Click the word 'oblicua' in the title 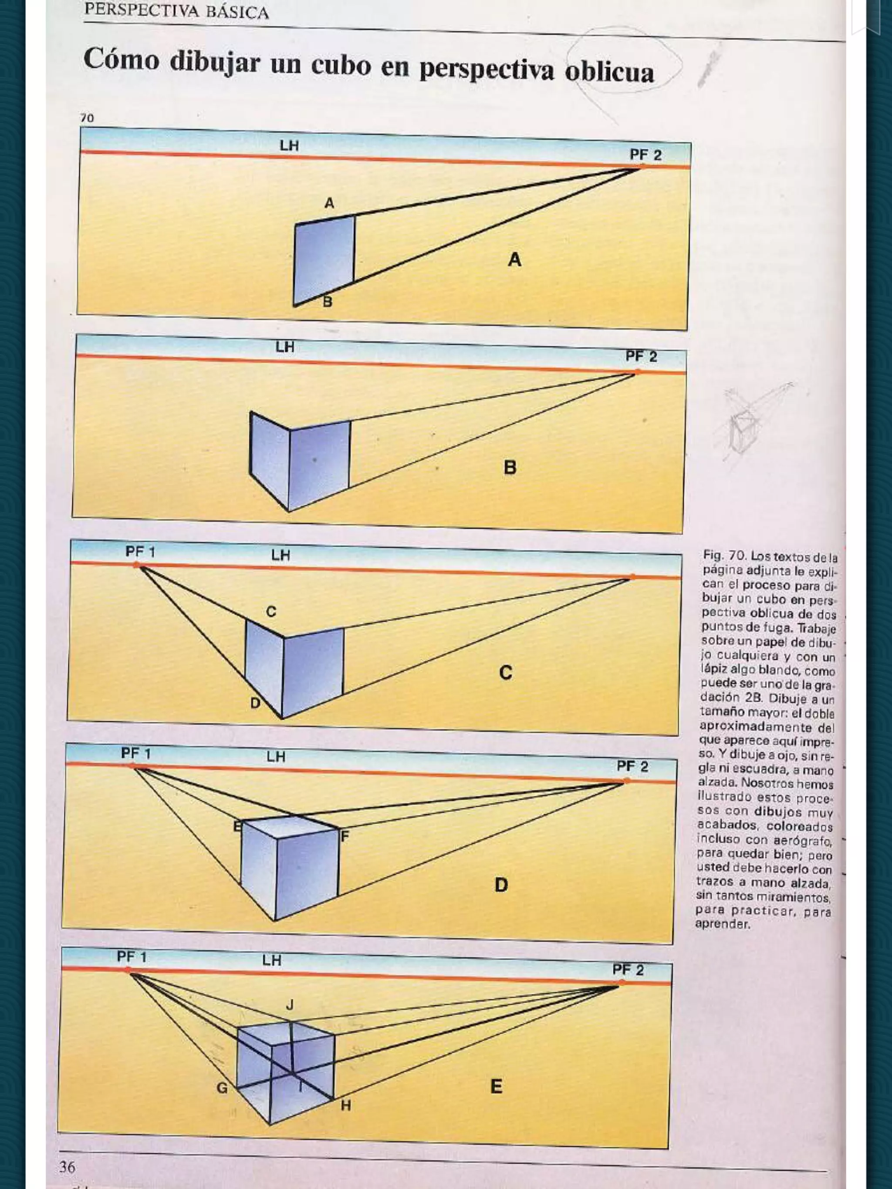(609, 71)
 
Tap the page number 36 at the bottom (67, 1166)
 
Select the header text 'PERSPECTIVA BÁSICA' (176, 11)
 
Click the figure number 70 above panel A (87, 118)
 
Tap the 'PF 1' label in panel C (140, 552)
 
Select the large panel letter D (501, 885)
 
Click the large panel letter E (496, 1086)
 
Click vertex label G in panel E (222, 1088)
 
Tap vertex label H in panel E (346, 1105)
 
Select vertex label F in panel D (345, 836)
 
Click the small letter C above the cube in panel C (271, 612)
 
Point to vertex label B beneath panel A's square (328, 302)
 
